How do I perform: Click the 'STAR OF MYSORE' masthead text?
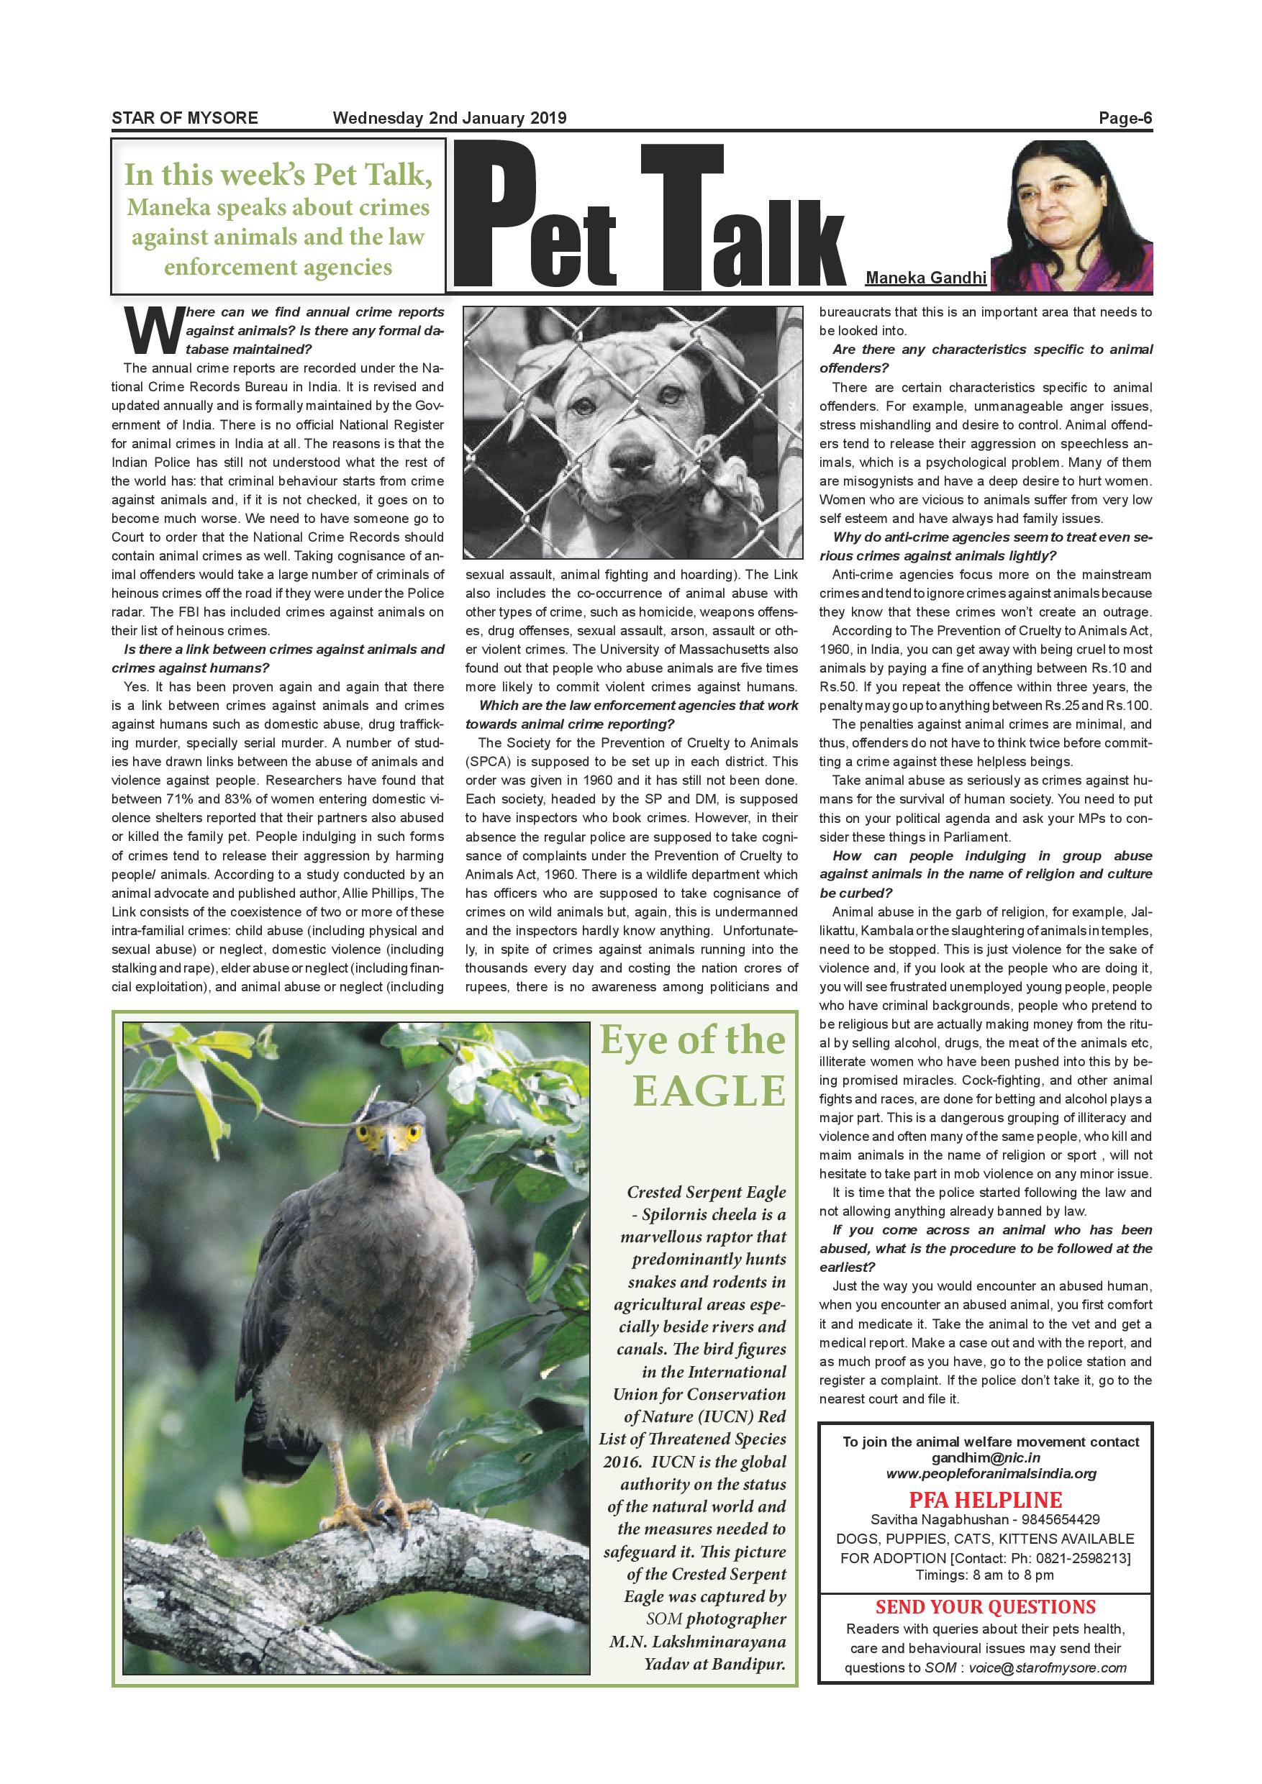(x=185, y=119)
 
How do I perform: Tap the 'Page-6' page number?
(x=1125, y=119)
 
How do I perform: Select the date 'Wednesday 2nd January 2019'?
(x=449, y=119)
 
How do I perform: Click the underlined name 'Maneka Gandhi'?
(x=925, y=278)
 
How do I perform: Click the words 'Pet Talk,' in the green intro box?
(x=372, y=176)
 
